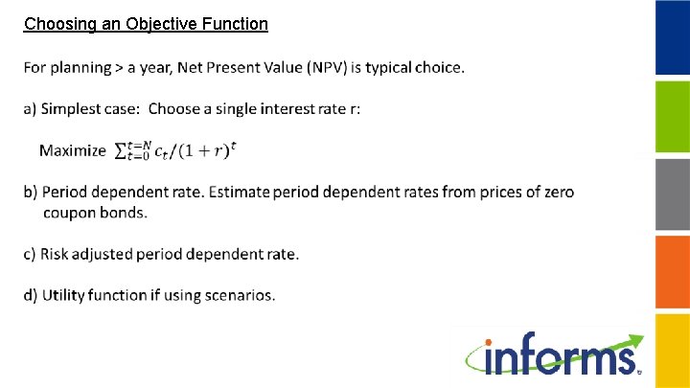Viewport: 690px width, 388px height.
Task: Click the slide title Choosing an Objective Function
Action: tap(146, 24)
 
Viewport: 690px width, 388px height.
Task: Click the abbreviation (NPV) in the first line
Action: tap(330, 67)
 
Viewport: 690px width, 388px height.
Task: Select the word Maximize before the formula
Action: tap(72, 150)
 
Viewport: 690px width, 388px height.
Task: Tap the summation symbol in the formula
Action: tap(122, 150)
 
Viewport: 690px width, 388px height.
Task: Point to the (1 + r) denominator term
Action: tap(202, 150)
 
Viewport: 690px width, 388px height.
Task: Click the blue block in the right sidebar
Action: tap(672, 37)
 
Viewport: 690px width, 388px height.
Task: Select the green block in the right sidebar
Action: tap(672, 116)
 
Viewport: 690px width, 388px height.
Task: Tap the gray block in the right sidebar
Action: tap(672, 194)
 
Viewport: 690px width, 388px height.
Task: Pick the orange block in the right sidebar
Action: tap(672, 271)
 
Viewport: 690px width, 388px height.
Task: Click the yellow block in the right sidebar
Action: tap(672, 350)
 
